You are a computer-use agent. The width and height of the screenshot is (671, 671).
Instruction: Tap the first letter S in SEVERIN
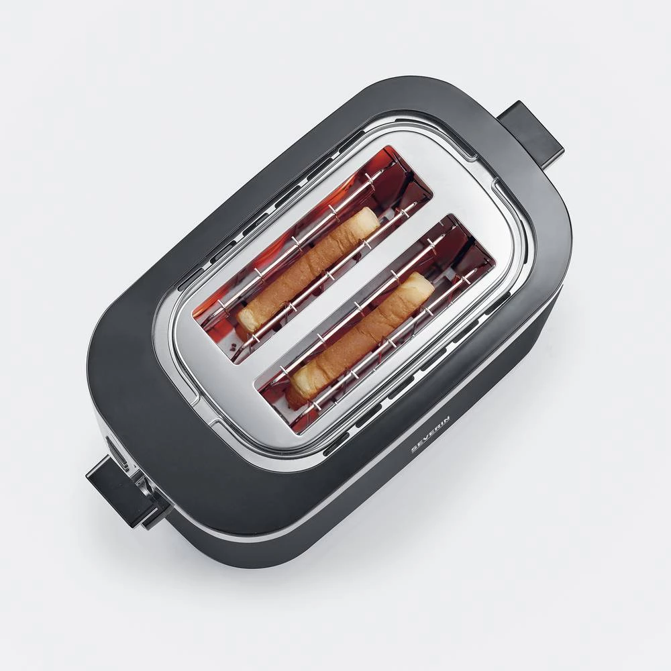(x=415, y=450)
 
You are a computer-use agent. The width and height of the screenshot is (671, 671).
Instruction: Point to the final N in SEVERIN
(x=446, y=419)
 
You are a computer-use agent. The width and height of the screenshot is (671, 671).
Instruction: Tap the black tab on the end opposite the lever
(x=530, y=131)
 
